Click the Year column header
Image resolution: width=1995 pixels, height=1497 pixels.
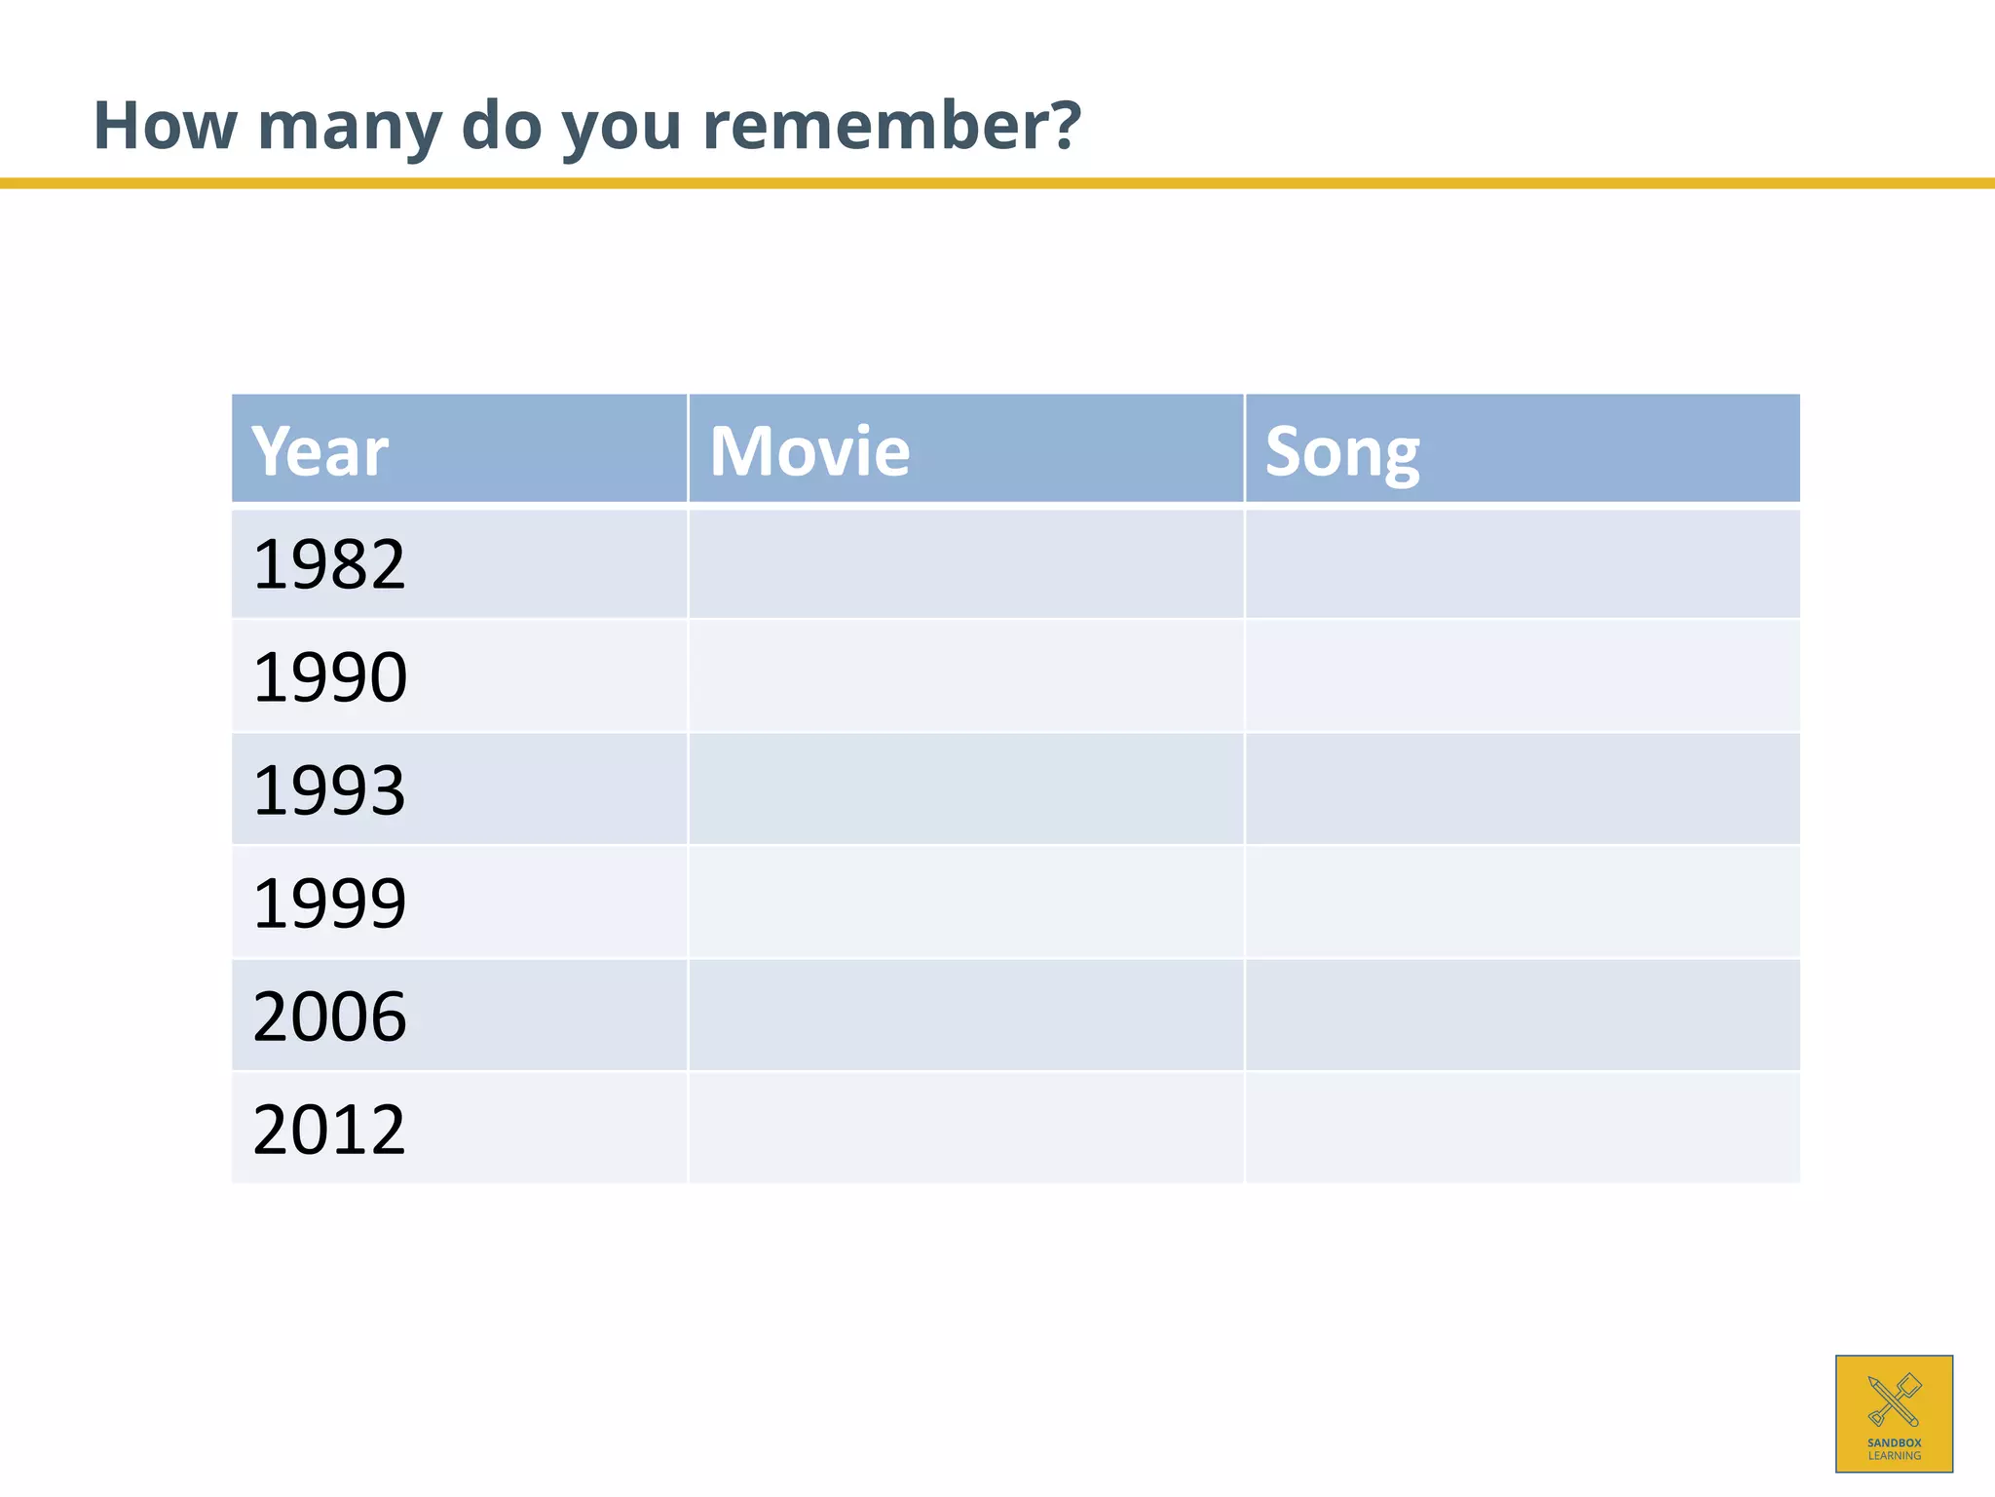click(320, 451)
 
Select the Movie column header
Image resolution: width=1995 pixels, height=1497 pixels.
click(809, 451)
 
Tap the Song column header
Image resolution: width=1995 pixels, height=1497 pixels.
click(1341, 453)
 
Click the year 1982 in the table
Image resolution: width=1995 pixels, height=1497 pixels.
click(328, 564)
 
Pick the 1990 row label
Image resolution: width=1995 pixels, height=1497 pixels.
click(329, 677)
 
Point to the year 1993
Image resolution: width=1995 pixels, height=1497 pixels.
click(328, 790)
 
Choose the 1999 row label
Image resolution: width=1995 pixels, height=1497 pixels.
click(329, 903)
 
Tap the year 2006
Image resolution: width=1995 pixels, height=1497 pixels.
click(329, 1017)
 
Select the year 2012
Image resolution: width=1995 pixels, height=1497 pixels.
click(328, 1130)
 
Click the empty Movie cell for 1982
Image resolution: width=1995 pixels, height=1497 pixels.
click(965, 564)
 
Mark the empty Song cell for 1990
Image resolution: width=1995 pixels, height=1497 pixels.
click(1522, 677)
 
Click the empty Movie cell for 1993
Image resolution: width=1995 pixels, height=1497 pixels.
click(965, 790)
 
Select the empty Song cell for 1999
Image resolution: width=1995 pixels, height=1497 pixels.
click(1522, 903)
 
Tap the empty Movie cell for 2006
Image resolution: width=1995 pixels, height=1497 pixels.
click(965, 1017)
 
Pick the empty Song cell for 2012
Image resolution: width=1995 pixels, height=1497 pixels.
click(1522, 1130)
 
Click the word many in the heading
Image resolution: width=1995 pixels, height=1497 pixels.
click(349, 127)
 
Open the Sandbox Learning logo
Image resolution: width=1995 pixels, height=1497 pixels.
click(1894, 1413)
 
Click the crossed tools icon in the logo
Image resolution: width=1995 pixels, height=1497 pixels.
click(1894, 1400)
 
